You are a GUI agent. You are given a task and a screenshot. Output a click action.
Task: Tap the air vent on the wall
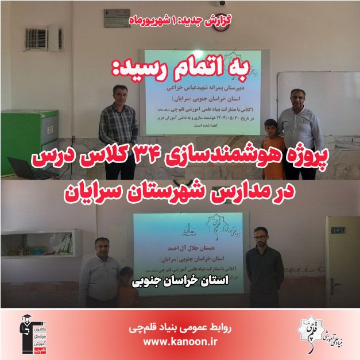tap(36, 38)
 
